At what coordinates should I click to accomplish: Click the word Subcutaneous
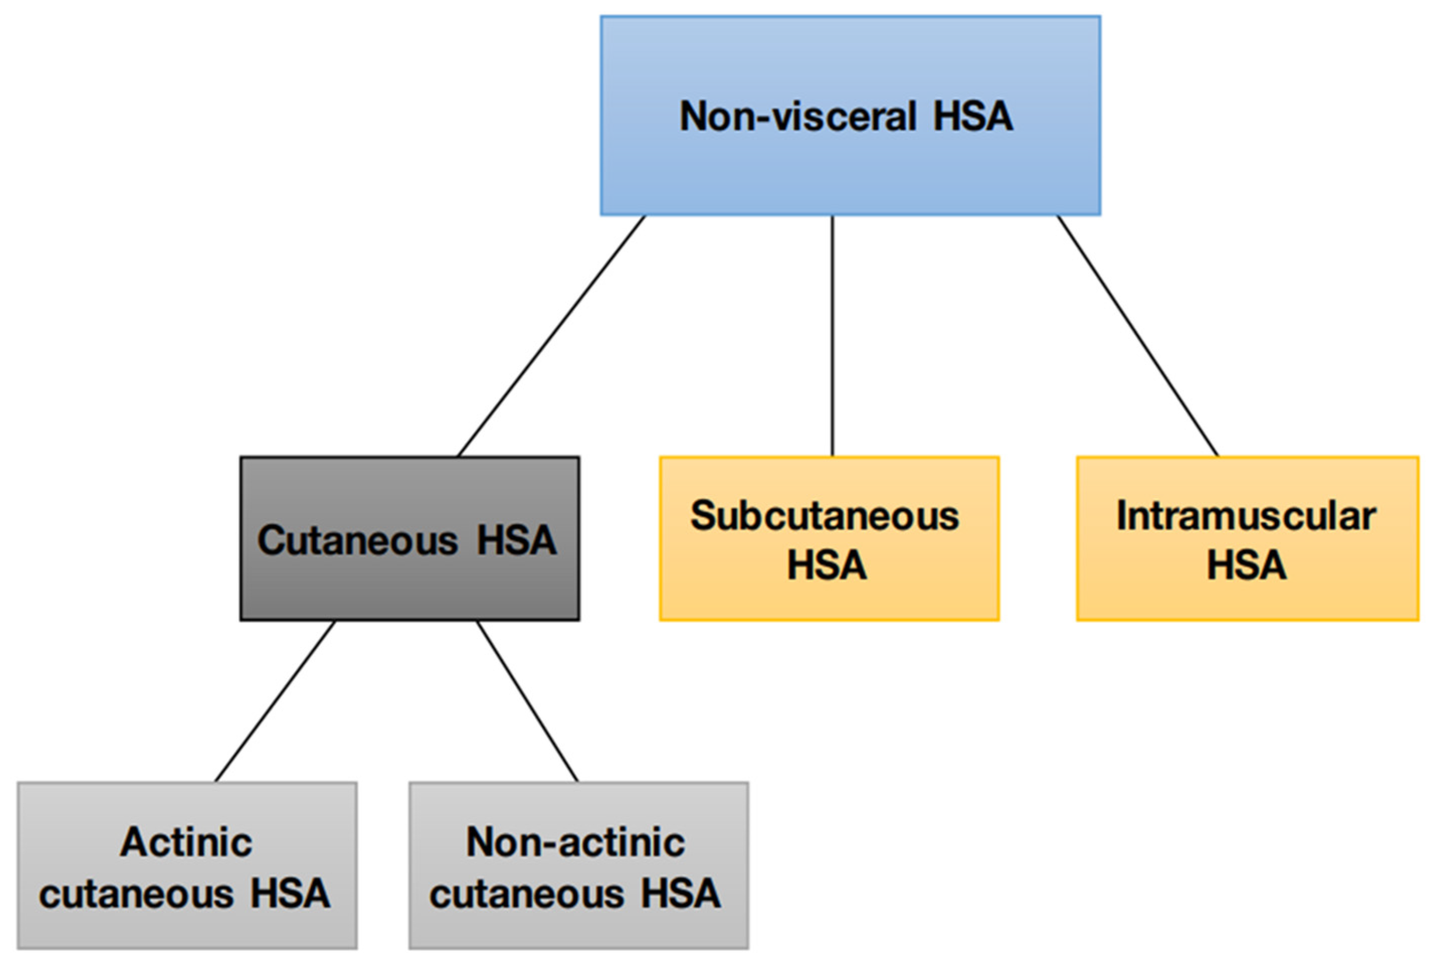coord(825,516)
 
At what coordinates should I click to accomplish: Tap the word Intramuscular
coord(1246,516)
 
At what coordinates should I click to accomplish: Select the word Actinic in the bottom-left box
coord(186,842)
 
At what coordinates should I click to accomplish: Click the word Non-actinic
coord(576,842)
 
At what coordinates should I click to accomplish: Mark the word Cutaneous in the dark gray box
coord(358,540)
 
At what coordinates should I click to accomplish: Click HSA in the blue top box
coord(973,117)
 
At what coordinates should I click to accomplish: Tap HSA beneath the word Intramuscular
coord(1247,565)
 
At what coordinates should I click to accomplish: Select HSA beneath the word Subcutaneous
coord(826,565)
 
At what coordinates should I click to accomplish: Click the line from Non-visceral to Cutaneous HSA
coord(551,336)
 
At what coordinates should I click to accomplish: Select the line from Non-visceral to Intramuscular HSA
coord(1138,336)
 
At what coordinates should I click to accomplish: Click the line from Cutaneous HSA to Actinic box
coord(275,701)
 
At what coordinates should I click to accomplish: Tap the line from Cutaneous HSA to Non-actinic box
coord(527,701)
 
